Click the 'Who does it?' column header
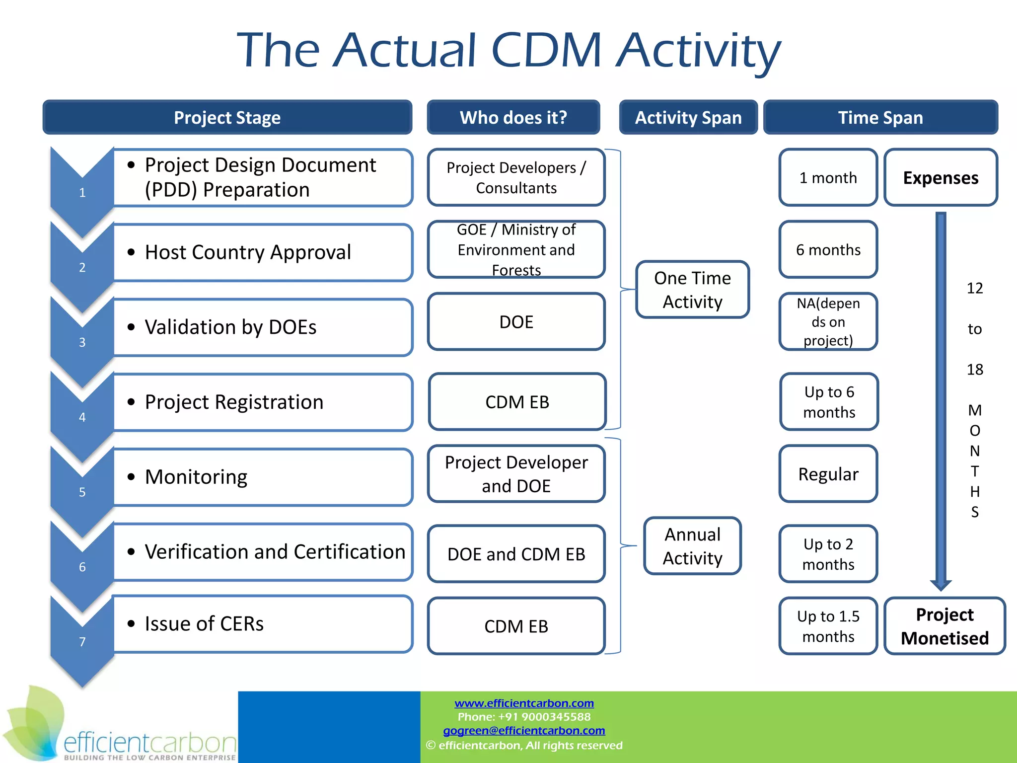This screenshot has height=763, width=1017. [x=513, y=117]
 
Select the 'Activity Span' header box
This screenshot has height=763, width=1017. [x=688, y=117]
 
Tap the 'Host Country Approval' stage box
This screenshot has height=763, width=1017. [x=263, y=252]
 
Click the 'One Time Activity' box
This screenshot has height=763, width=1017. [x=692, y=290]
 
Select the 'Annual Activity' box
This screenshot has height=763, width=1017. [x=692, y=546]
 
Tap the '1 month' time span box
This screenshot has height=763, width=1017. [x=828, y=177]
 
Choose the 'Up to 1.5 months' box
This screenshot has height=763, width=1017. [x=828, y=626]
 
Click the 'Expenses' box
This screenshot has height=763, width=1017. [x=941, y=177]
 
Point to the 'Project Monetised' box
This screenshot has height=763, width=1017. [x=944, y=626]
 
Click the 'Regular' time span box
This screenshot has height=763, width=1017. [x=828, y=474]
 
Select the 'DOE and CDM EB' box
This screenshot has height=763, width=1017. [x=516, y=554]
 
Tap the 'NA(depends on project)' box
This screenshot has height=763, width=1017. [x=828, y=321]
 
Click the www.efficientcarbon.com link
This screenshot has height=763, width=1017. [x=524, y=703]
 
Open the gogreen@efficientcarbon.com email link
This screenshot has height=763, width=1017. [x=524, y=730]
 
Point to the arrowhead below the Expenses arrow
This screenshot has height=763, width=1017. [x=941, y=585]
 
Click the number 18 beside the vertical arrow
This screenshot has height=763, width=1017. [x=975, y=369]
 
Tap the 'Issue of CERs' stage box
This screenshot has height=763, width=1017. [x=263, y=624]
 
